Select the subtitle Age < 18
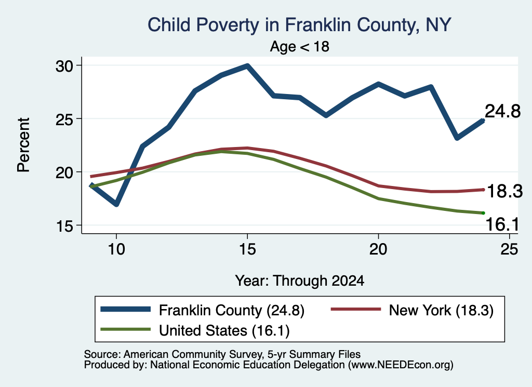tap(300, 46)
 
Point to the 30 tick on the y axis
tap(64, 66)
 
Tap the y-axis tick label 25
tap(64, 119)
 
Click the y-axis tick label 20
tap(64, 172)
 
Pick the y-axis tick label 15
tap(64, 226)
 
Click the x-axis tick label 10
tap(116, 249)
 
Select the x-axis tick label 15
tap(247, 249)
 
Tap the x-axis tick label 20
tap(378, 249)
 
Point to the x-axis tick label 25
tap(509, 249)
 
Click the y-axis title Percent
tap(24, 145)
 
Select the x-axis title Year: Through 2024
tap(300, 281)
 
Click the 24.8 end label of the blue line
tap(502, 111)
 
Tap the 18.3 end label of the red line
tap(504, 191)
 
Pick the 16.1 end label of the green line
tap(502, 224)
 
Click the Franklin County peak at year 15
tap(247, 65)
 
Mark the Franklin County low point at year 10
tap(116, 204)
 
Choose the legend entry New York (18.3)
tap(412, 310)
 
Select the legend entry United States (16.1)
tap(195, 330)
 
